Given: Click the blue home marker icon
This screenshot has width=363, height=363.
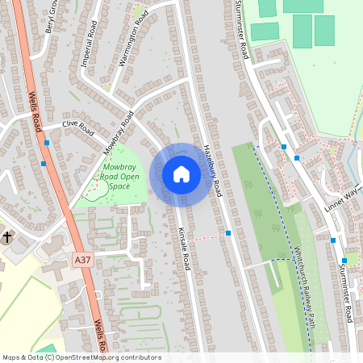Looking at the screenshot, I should pyautogui.click(x=181, y=173).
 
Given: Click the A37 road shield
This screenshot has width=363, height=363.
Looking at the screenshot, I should pyautogui.click(x=81, y=261).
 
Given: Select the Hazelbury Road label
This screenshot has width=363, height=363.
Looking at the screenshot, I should pyautogui.click(x=211, y=169).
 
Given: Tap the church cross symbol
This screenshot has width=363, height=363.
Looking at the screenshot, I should pyautogui.click(x=7, y=237).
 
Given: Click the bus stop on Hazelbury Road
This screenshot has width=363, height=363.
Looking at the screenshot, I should pyautogui.click(x=229, y=233).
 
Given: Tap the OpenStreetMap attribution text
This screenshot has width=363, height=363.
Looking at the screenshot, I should pyautogui.click(x=81, y=357).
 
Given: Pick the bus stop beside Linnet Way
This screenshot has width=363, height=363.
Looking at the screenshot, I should pyautogui.click(x=332, y=240).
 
